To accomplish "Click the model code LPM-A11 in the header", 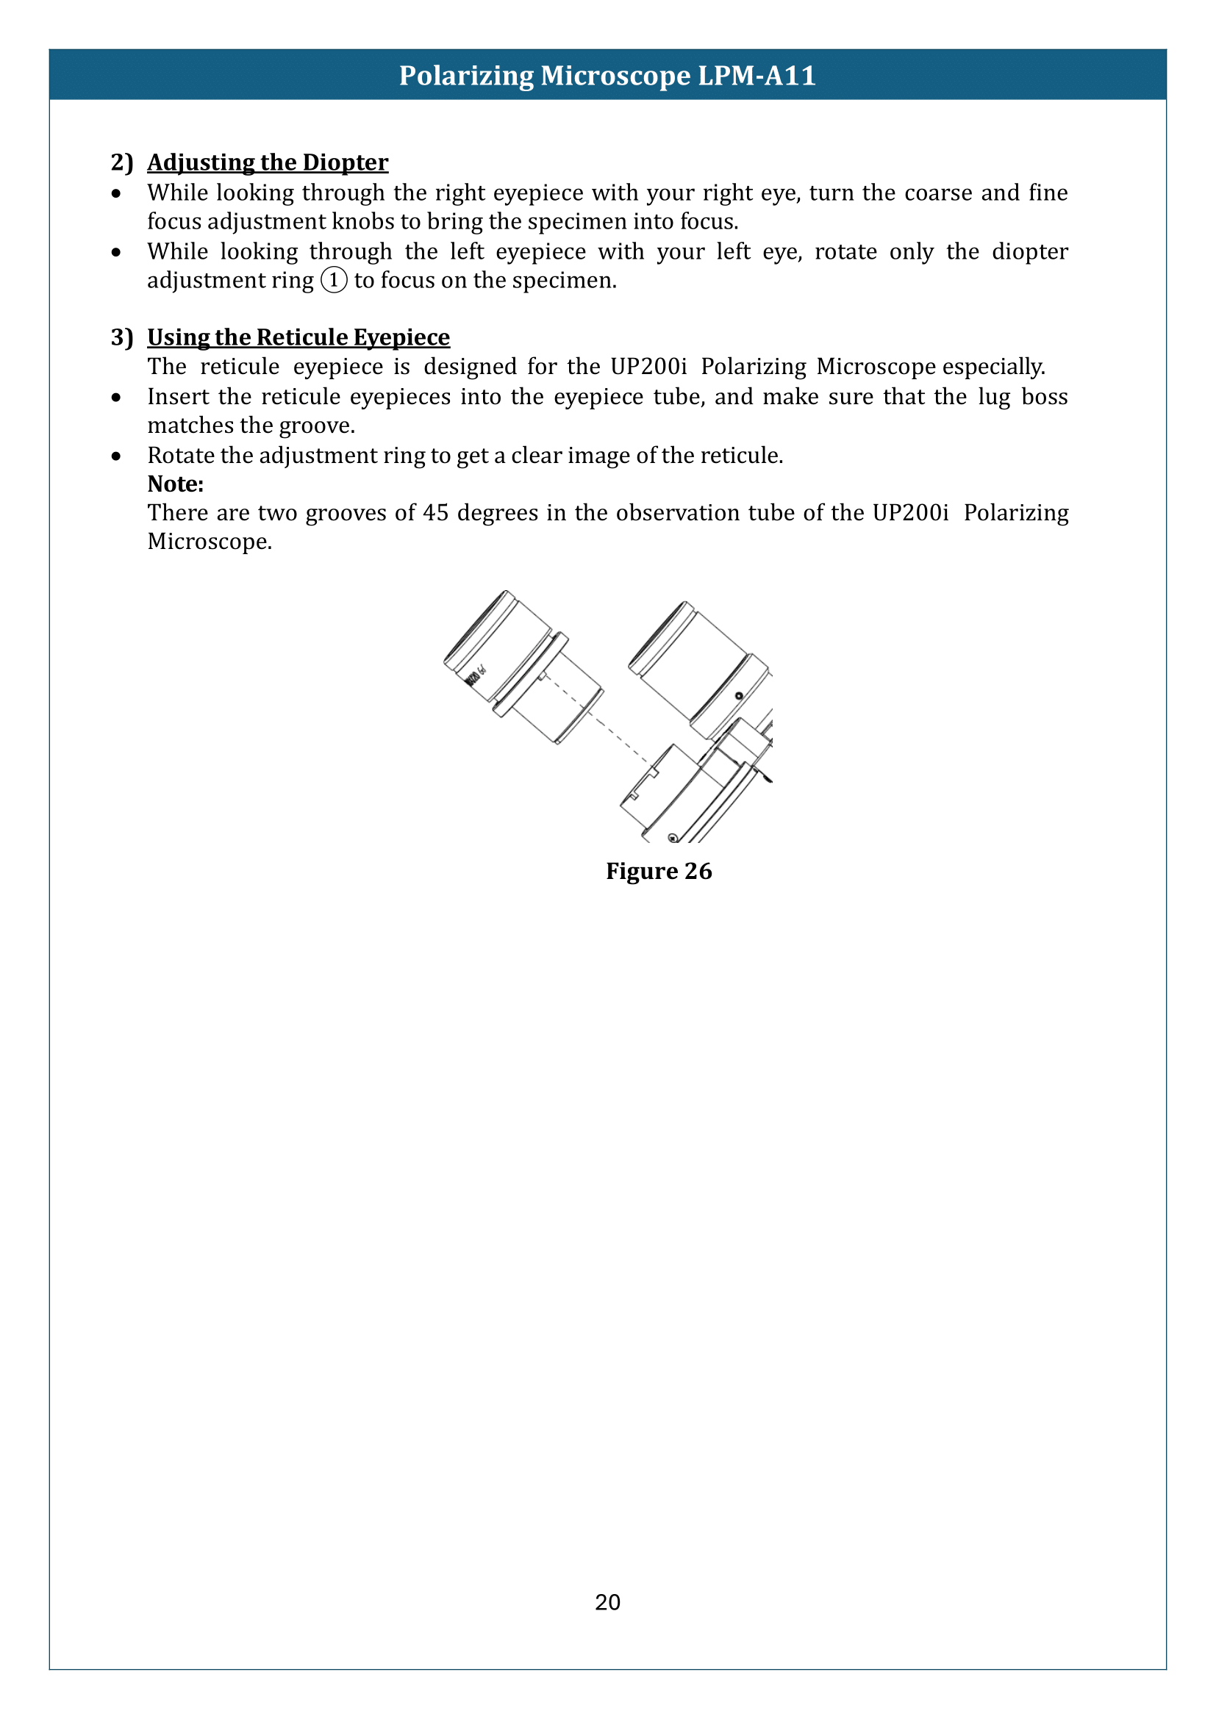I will [x=757, y=76].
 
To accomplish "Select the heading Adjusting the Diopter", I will [x=268, y=162].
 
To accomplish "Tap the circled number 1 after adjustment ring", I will [x=334, y=280].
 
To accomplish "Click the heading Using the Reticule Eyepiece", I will [x=298, y=337].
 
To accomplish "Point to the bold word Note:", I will [x=175, y=484].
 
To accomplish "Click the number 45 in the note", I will [x=435, y=513].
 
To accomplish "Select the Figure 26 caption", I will [x=658, y=871].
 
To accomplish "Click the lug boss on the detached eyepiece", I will [x=540, y=677].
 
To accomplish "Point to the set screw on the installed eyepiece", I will [x=738, y=695].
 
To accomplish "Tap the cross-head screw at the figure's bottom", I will [x=673, y=838].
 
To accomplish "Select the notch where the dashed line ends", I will [x=652, y=771].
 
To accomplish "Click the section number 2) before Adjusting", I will [x=121, y=162].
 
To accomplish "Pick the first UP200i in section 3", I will [x=648, y=367].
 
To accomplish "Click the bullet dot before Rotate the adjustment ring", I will [x=116, y=456].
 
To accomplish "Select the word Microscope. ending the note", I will [x=210, y=542].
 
